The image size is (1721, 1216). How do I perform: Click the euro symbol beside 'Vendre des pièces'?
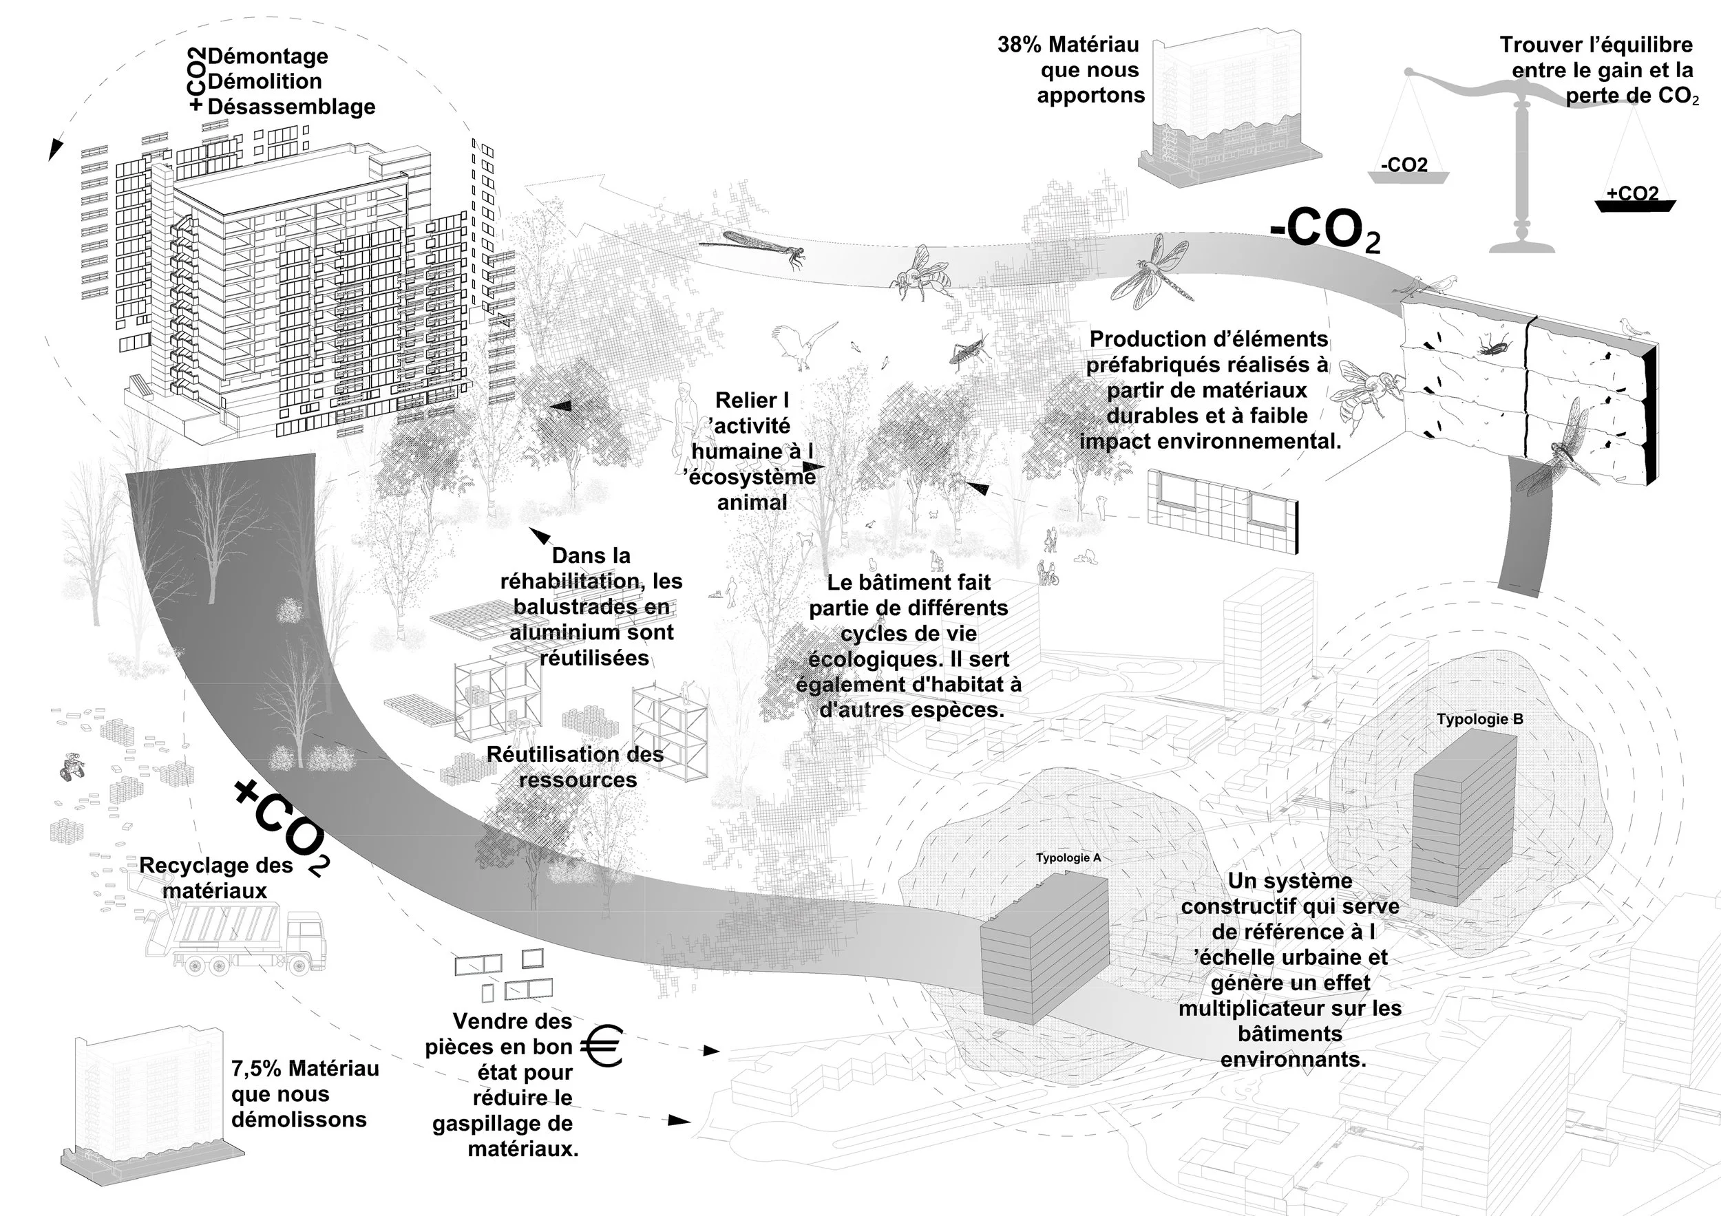pyautogui.click(x=602, y=1046)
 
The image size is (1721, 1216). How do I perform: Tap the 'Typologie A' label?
pyautogui.click(x=1068, y=857)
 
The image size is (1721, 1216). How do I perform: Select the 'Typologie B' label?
pyautogui.click(x=1479, y=719)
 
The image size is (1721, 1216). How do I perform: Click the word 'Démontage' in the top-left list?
pyautogui.click(x=268, y=56)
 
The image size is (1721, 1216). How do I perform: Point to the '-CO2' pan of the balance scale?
pyautogui.click(x=1408, y=171)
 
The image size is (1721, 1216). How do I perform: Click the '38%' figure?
pyautogui.click(x=1019, y=45)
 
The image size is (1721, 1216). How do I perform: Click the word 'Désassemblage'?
pyautogui.click(x=292, y=107)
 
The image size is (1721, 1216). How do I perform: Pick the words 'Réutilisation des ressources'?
pyautogui.click(x=576, y=767)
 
